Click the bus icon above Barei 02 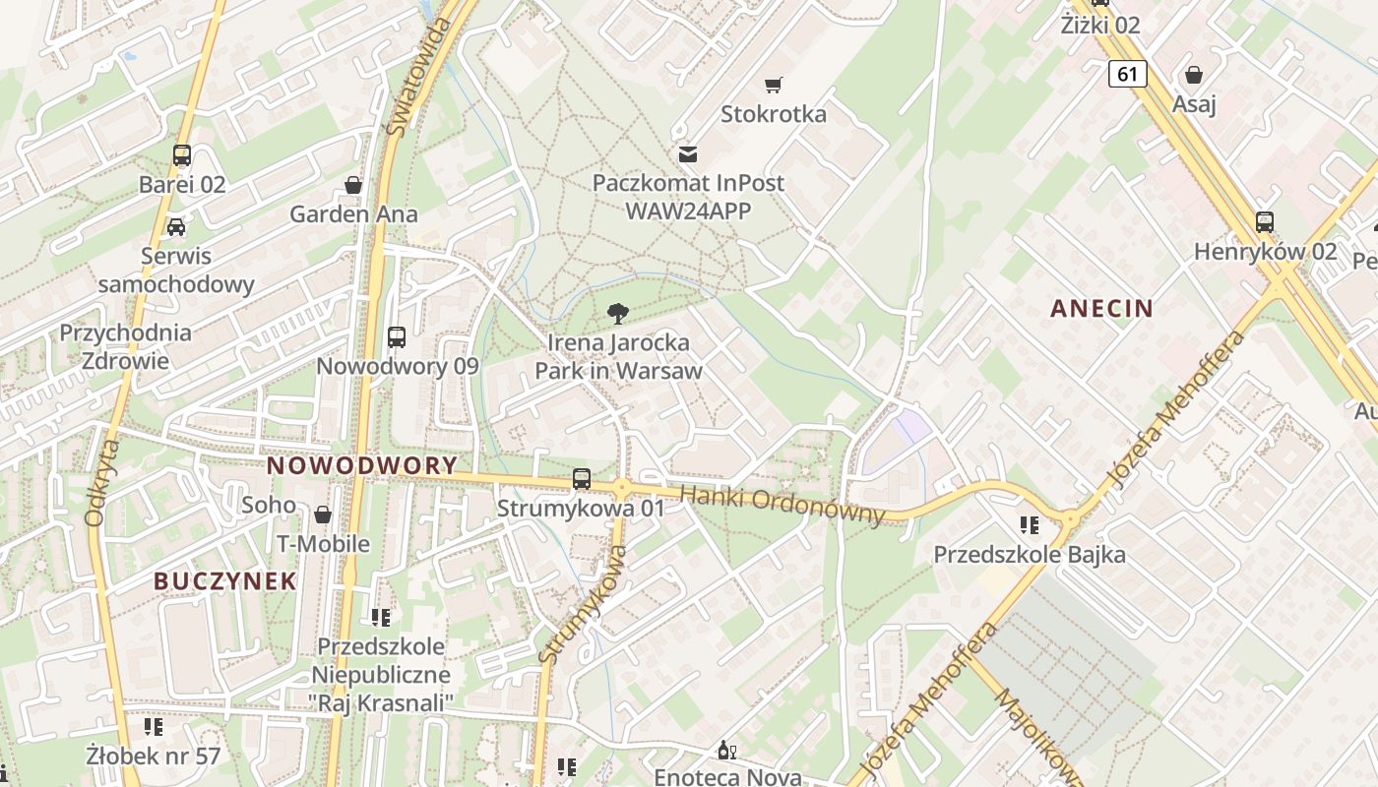point(182,154)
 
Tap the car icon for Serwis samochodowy point(176,227)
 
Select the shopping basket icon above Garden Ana point(353,185)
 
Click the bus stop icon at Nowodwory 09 point(397,337)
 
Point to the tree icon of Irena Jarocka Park point(618,314)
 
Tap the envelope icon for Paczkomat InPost point(687,153)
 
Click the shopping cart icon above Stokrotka point(774,86)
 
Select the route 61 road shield point(1127,74)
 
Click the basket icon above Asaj point(1194,75)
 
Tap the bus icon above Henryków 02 point(1265,222)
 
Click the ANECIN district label point(1101,309)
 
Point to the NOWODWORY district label point(362,465)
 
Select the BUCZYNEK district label point(225,580)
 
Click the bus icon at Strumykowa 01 point(582,479)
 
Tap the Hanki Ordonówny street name point(783,505)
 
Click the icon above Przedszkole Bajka point(1030,525)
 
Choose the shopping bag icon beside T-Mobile point(323,515)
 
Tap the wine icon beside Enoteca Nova point(727,751)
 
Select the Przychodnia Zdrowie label point(125,346)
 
